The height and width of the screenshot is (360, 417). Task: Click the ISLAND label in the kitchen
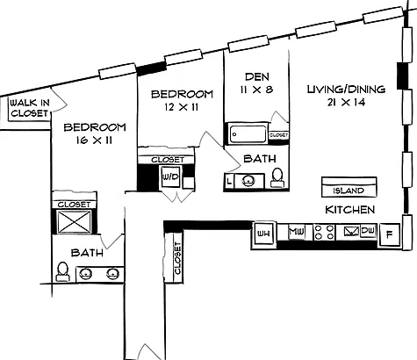click(349, 191)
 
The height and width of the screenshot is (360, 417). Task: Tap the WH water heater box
click(263, 234)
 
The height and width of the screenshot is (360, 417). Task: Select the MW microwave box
click(297, 232)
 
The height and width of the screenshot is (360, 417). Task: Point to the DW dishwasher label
click(368, 231)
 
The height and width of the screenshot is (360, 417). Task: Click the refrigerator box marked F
click(389, 234)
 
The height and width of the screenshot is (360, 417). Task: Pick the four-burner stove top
click(324, 232)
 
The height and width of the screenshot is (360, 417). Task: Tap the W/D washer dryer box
click(170, 177)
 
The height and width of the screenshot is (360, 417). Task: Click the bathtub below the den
click(248, 134)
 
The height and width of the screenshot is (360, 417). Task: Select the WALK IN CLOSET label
click(30, 108)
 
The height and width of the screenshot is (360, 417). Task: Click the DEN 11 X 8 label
click(256, 83)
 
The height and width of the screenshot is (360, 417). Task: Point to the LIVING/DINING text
click(346, 89)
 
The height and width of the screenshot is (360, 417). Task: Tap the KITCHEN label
click(350, 210)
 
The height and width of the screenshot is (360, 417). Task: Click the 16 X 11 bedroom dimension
click(94, 140)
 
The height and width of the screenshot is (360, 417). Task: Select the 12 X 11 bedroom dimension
click(182, 107)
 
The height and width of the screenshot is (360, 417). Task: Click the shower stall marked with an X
click(74, 221)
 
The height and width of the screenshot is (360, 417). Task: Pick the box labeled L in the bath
click(229, 181)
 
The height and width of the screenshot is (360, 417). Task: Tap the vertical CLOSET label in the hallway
click(177, 258)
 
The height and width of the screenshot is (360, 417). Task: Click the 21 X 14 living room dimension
click(346, 102)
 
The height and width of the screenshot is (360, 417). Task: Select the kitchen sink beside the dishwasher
click(351, 232)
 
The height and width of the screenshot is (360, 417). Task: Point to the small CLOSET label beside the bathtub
click(278, 135)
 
